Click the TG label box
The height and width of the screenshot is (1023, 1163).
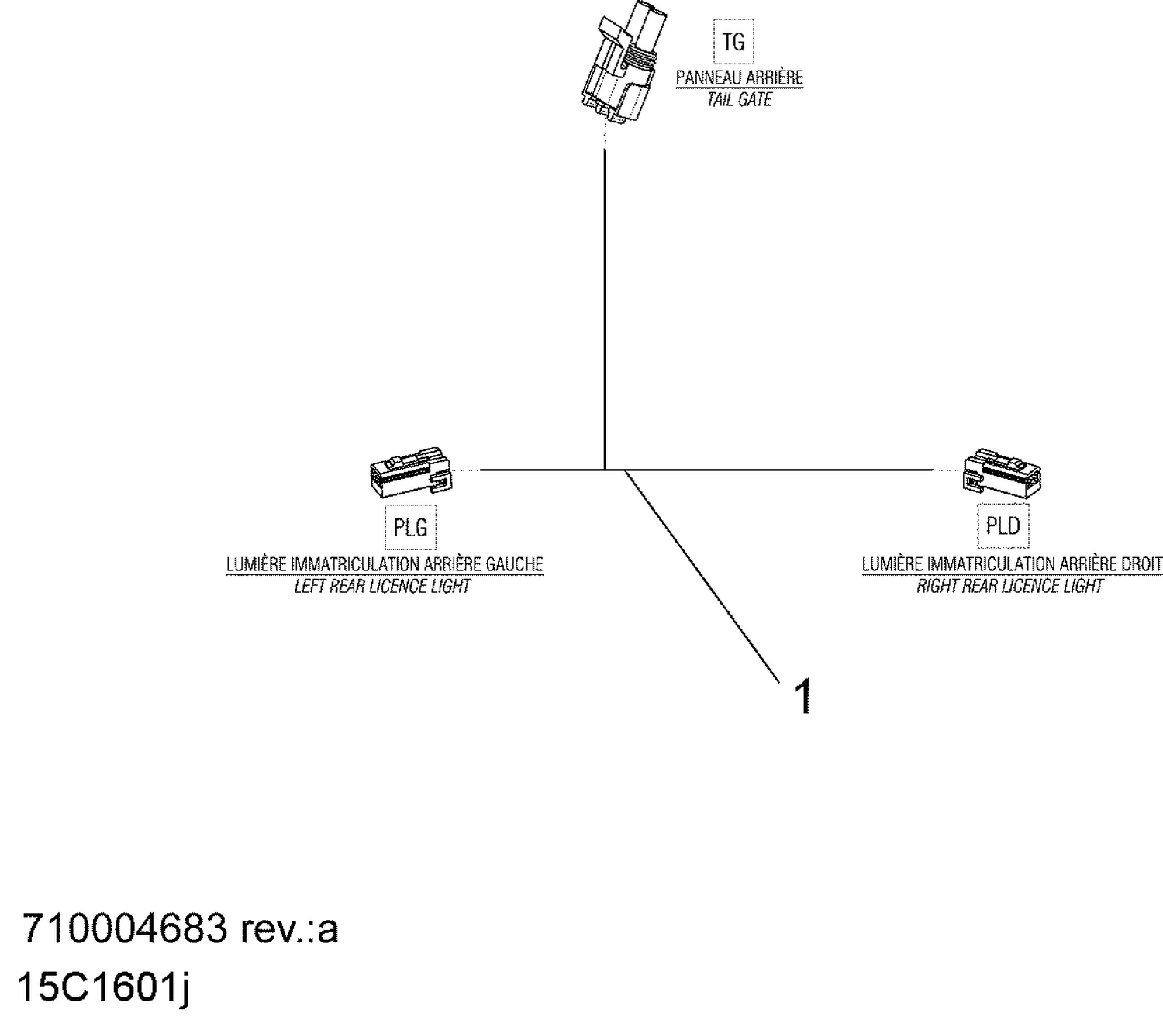(733, 42)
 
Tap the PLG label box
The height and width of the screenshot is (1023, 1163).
(410, 527)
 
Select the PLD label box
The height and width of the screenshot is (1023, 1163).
(1003, 526)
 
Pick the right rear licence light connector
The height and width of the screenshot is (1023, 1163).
(1002, 470)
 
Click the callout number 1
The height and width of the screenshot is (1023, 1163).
(803, 695)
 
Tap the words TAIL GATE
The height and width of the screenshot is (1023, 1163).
(740, 100)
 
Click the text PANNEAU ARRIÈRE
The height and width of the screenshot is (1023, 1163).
(740, 77)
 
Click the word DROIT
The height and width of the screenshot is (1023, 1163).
(1142, 564)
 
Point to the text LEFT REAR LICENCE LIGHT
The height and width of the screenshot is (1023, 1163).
(382, 587)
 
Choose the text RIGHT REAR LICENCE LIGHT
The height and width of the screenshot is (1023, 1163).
(1009, 587)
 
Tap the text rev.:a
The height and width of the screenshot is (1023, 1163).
(289, 928)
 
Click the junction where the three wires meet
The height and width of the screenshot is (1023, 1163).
(605, 470)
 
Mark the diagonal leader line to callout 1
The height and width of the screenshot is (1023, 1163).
(702, 577)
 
